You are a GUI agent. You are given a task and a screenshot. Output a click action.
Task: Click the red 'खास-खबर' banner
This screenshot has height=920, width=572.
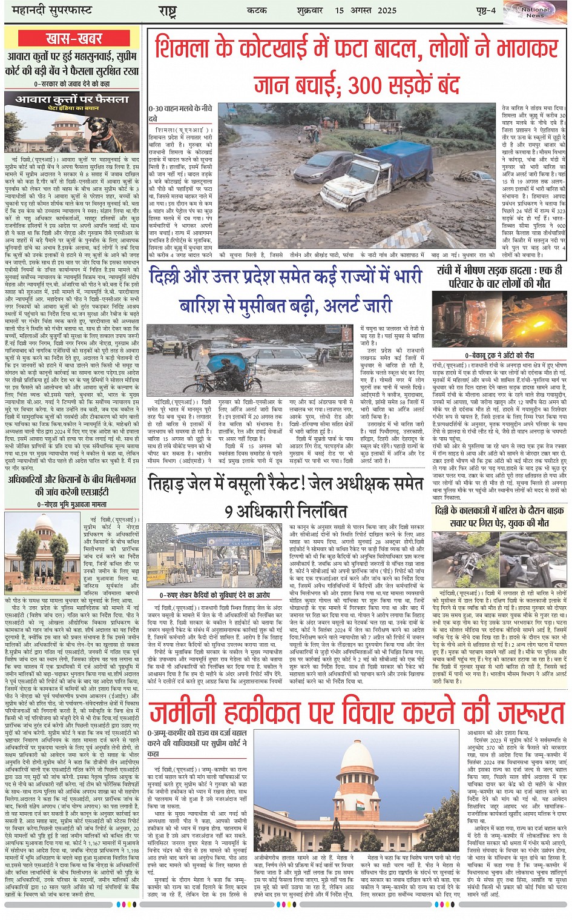click(74, 39)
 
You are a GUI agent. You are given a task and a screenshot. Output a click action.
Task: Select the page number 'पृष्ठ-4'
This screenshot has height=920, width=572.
click(485, 10)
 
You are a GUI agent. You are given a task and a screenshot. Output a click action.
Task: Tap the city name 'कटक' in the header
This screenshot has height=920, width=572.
click(257, 10)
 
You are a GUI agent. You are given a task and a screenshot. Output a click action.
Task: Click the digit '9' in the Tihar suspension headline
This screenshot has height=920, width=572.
click(229, 511)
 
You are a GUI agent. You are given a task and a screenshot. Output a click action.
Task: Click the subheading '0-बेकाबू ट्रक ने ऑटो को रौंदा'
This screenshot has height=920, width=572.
click(499, 356)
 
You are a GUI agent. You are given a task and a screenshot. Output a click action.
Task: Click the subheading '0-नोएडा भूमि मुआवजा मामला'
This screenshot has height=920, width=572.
click(71, 504)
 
